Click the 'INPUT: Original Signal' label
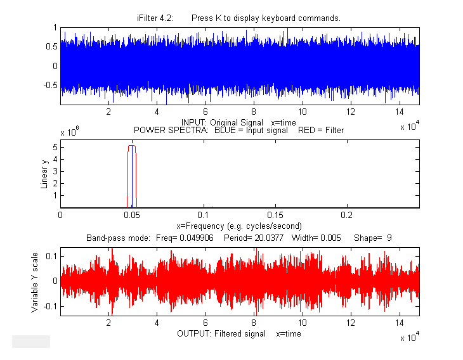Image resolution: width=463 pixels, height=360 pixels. (x=219, y=122)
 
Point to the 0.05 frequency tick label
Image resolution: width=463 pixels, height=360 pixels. (x=132, y=215)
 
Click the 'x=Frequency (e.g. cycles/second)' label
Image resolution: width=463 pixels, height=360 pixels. (x=238, y=226)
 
